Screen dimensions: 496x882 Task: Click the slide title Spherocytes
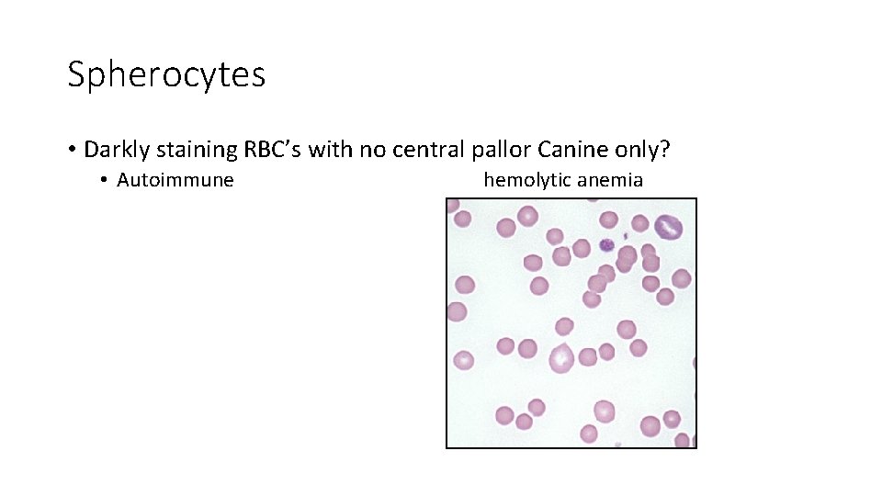pos(166,74)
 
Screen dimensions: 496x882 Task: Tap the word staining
pos(198,149)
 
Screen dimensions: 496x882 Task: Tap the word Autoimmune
pos(175,180)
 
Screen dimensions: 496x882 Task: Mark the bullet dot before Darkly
pos(71,150)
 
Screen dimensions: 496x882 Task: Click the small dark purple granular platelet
pos(606,244)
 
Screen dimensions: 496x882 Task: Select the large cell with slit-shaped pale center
pos(668,226)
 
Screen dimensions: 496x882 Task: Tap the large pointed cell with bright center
pos(561,356)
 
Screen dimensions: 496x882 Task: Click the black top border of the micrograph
pos(571,198)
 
